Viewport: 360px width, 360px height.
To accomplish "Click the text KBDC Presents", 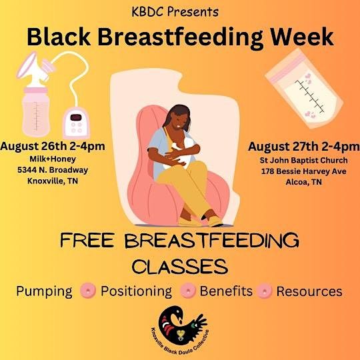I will pos(179,12).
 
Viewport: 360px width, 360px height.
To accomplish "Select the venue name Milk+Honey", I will pos(53,159).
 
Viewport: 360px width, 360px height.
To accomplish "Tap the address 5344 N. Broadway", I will pos(53,169).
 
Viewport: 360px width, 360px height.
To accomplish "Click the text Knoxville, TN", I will pos(53,180).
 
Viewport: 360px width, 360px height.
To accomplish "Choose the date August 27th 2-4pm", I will pos(303,147).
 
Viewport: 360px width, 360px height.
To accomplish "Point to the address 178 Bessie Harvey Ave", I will pos(303,171).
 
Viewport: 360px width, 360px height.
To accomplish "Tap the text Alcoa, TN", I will pos(303,181).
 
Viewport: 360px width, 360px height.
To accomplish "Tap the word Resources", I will pos(309,291).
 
